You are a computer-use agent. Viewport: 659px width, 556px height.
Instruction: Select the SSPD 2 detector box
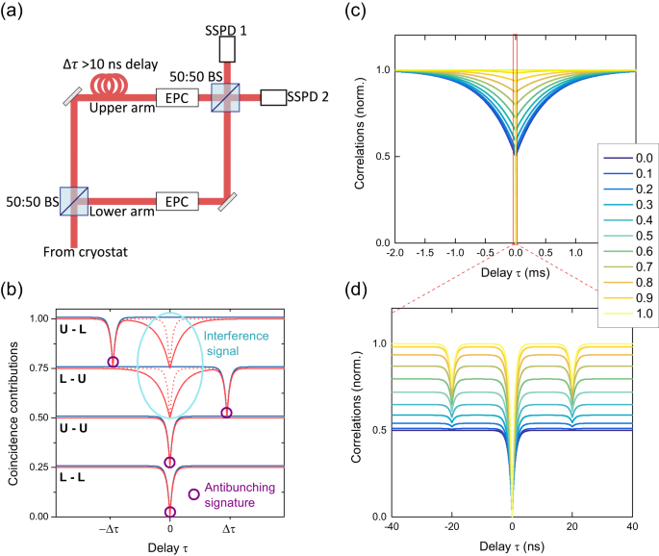[279, 96]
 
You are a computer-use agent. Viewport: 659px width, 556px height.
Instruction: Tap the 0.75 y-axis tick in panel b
[38, 367]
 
